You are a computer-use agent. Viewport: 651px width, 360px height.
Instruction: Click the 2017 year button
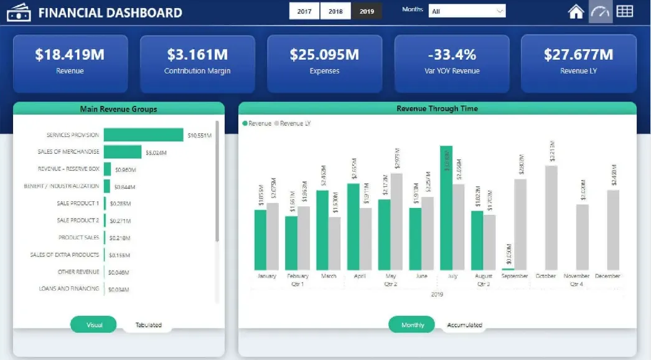coord(304,11)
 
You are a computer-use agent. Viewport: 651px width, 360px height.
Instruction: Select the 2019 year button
coord(367,11)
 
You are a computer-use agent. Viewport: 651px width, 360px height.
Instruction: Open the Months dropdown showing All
coord(467,11)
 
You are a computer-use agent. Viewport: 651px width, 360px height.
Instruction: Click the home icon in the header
coord(576,11)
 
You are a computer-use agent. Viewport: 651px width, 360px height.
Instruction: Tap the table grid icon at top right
coord(624,11)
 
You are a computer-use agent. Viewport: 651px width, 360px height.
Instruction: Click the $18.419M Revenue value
coord(70,55)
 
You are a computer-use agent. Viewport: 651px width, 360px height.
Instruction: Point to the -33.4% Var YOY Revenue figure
coord(451,55)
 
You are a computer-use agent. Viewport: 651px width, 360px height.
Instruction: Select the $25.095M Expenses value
coord(324,55)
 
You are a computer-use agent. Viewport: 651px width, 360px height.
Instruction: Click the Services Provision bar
coord(143,135)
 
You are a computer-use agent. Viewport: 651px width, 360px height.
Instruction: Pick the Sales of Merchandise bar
coord(123,152)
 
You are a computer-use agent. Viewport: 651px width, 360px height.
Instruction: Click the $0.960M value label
coord(124,169)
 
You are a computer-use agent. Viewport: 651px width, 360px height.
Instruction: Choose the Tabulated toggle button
coord(148,325)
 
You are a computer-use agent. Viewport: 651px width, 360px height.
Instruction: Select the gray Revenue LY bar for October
coord(551,217)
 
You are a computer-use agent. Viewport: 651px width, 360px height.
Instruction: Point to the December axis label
coord(607,276)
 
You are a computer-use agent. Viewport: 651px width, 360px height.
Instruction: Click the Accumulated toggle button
coord(464,325)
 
